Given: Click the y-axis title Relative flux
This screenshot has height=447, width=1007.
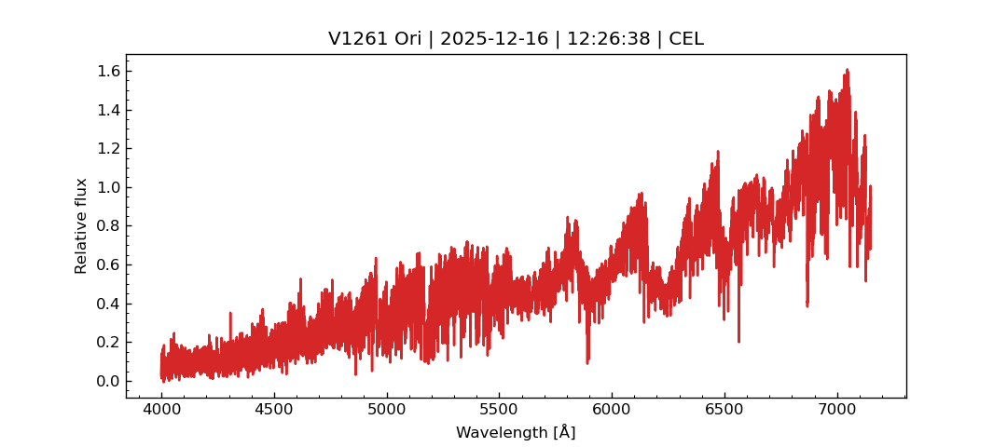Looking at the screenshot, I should pyautogui.click(x=81, y=225).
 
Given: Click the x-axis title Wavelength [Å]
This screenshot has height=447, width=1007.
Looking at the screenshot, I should pyautogui.click(x=516, y=433).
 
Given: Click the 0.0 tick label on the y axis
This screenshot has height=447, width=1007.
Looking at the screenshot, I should pyautogui.click(x=108, y=381).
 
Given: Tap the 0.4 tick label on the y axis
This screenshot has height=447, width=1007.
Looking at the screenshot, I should pyautogui.click(x=108, y=304).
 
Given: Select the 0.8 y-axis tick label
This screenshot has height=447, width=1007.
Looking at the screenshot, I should pyautogui.click(x=108, y=226).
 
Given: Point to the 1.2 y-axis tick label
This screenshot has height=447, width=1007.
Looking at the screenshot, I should pyautogui.click(x=108, y=149).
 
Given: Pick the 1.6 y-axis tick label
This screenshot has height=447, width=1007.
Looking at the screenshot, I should pyautogui.click(x=108, y=72).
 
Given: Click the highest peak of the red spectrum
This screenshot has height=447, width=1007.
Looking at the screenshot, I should pyautogui.click(x=847, y=70).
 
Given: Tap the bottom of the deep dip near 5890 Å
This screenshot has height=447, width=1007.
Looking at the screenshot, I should pyautogui.click(x=587, y=362).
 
